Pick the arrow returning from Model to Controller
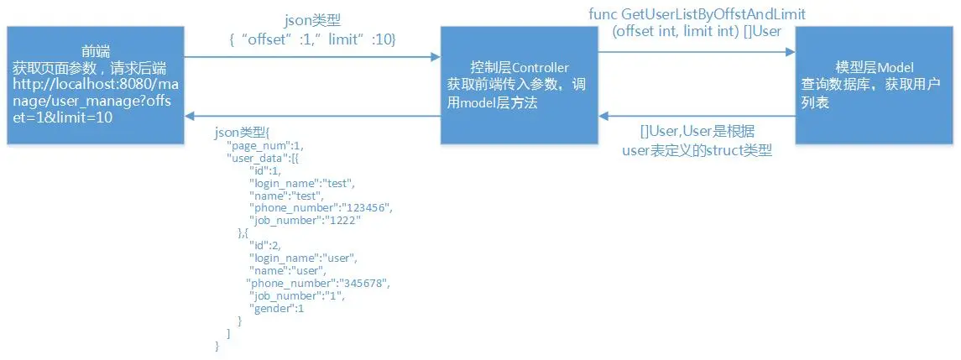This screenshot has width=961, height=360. tap(696, 116)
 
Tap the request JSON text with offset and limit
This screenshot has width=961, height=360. tap(311, 39)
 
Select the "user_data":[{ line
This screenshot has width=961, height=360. tap(264, 158)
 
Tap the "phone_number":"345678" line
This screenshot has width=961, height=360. tap(318, 283)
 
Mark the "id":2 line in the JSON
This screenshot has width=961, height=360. tap(269, 245)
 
